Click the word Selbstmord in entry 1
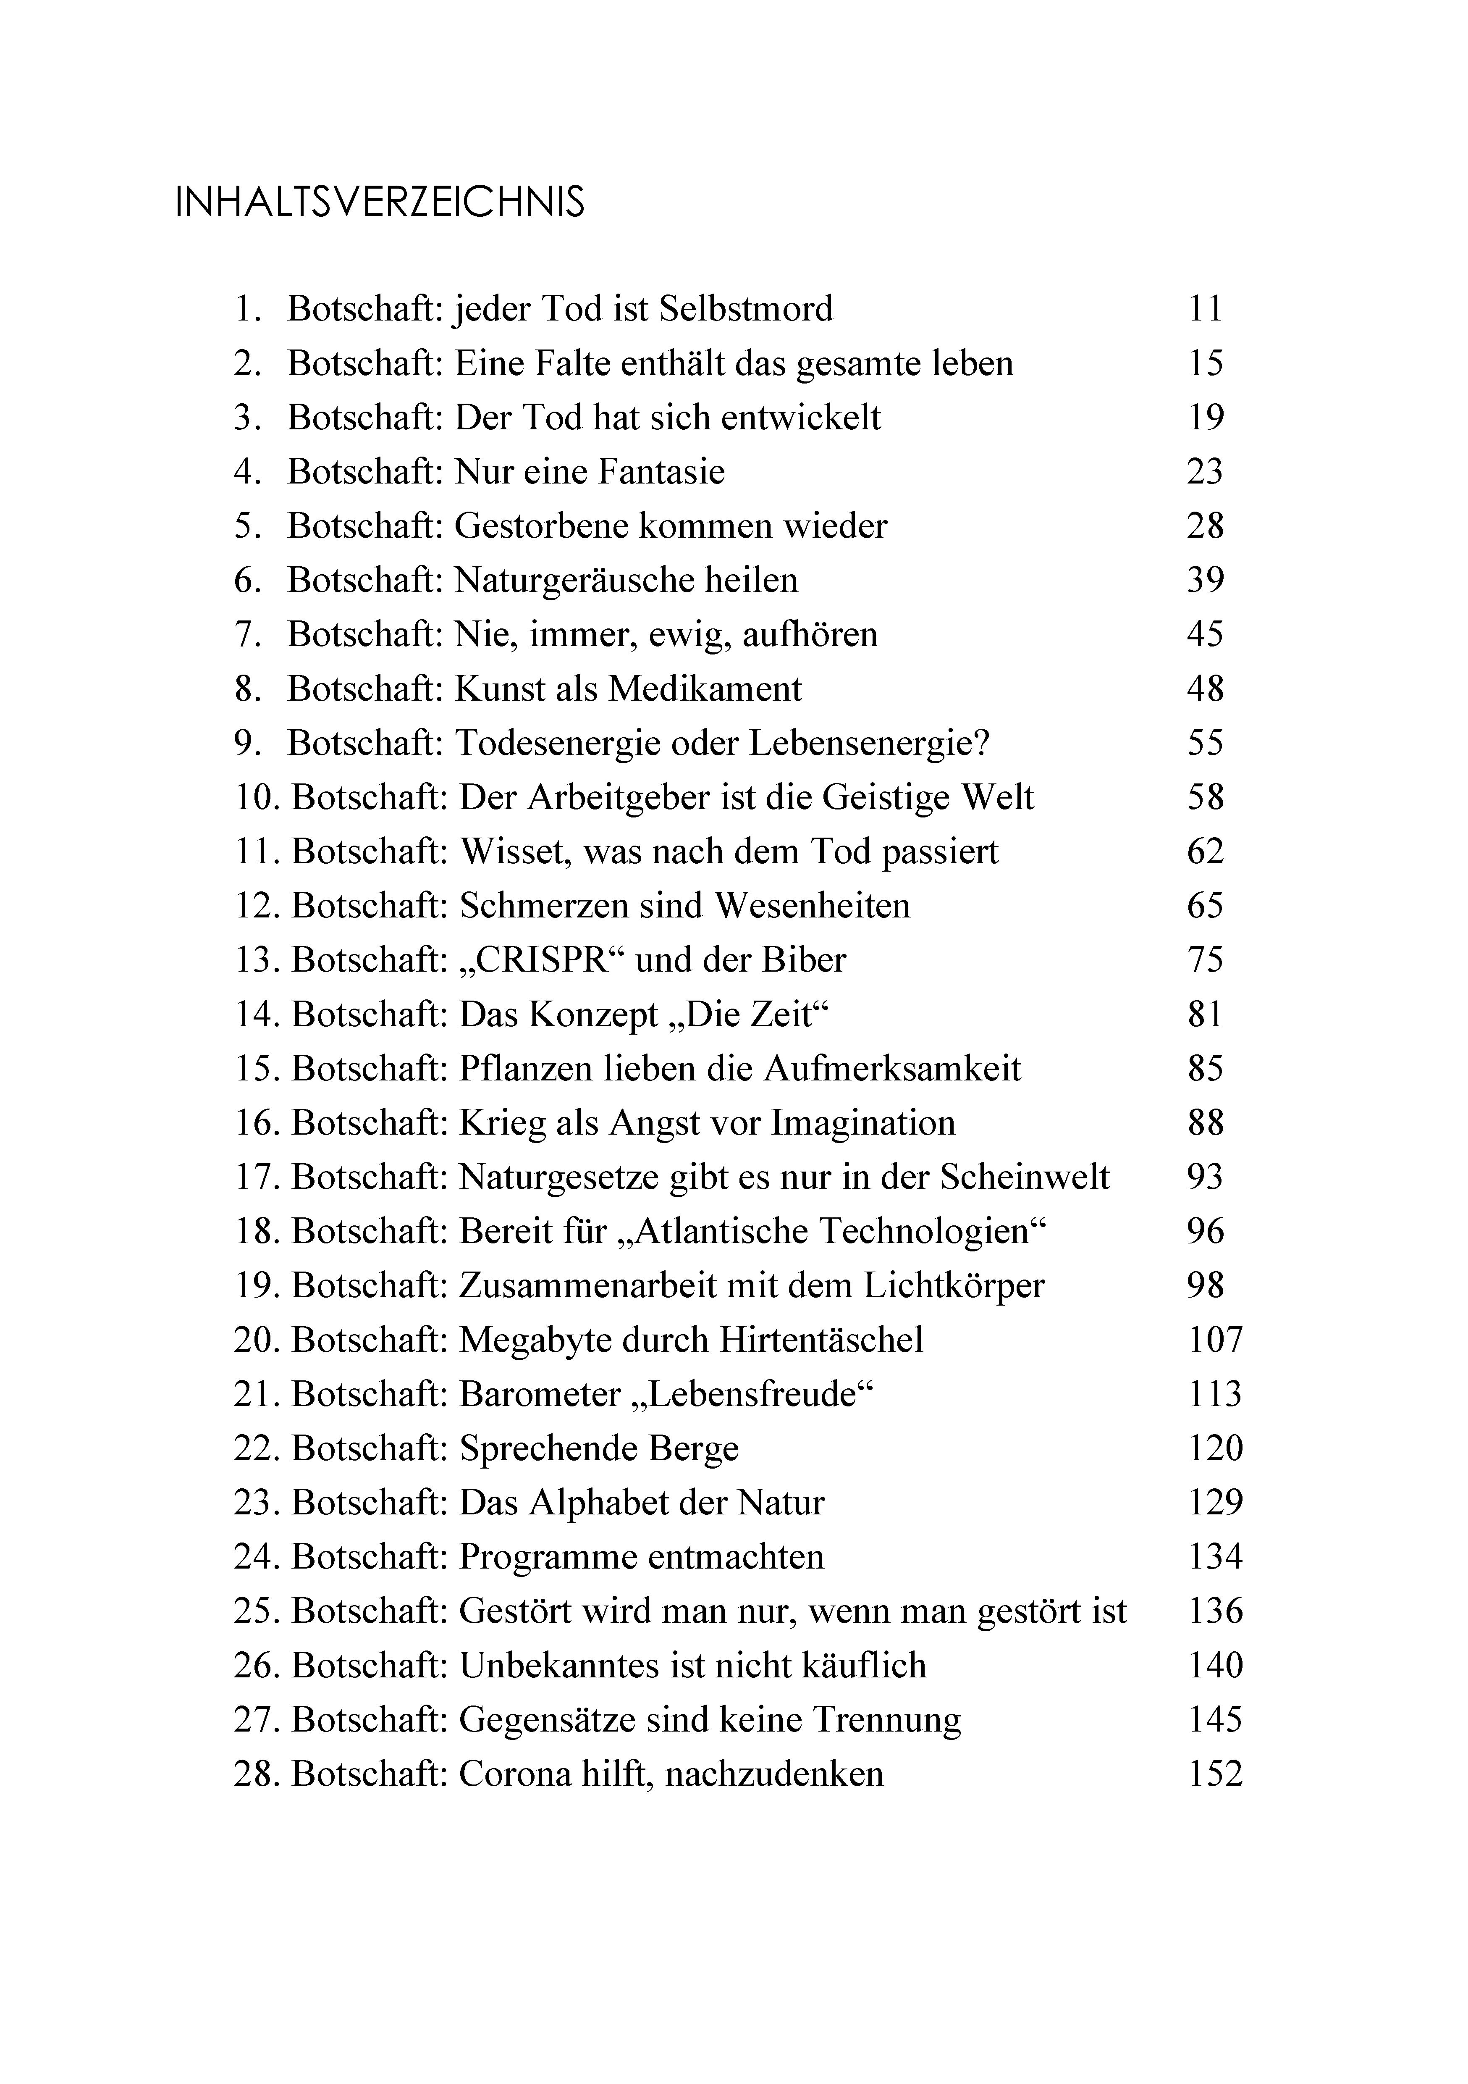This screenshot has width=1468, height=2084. point(746,310)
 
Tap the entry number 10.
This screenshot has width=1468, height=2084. point(255,798)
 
